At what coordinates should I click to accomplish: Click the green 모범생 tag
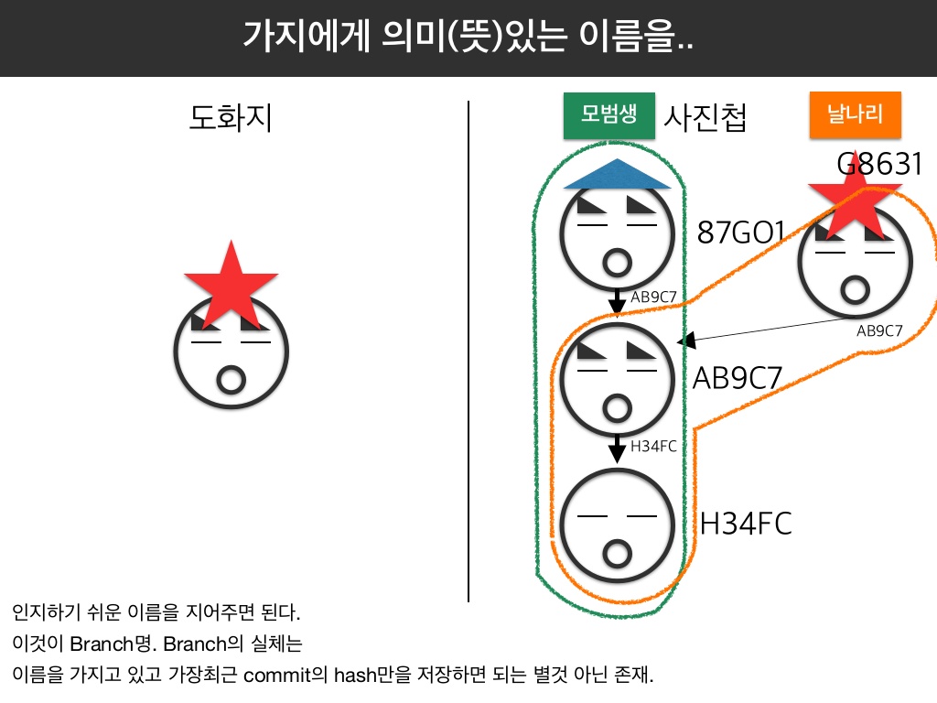click(x=608, y=115)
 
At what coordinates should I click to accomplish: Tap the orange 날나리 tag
click(x=856, y=115)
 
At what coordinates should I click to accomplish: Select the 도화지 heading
click(x=231, y=119)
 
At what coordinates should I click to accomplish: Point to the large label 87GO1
click(x=740, y=232)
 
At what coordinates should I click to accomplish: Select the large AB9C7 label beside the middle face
click(x=737, y=377)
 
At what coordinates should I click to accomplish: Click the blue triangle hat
click(x=619, y=174)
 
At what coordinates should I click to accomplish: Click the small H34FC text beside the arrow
click(x=653, y=447)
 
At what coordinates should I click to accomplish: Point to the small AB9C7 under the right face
click(x=879, y=331)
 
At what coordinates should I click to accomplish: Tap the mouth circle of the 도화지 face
click(x=231, y=378)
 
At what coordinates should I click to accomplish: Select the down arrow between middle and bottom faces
click(x=619, y=449)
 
